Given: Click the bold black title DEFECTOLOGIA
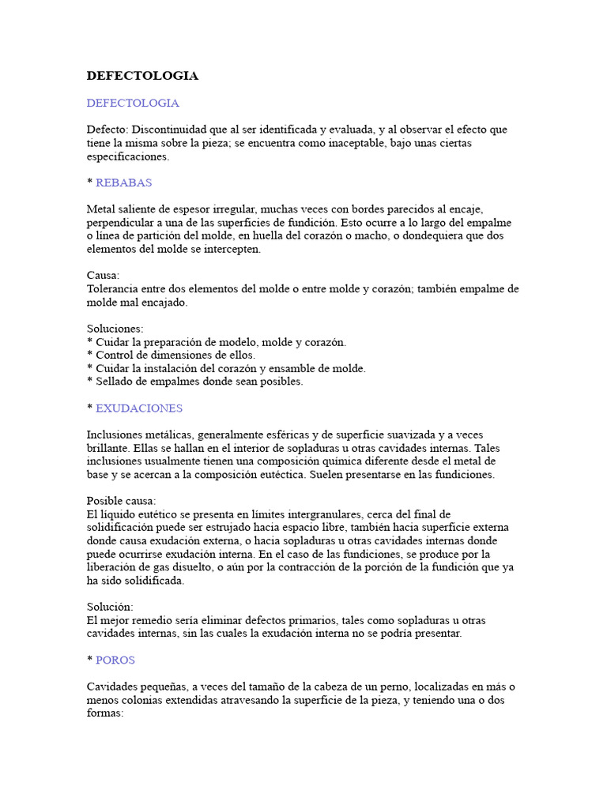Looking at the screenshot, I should pos(142,76).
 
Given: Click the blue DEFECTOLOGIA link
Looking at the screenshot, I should pos(133,103).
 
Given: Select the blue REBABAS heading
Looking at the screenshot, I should pos(123,182).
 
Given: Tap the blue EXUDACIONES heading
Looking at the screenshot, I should pos(139,408).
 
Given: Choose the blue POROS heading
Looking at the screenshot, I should pos(115,660).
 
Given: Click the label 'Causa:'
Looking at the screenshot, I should pos(103,276).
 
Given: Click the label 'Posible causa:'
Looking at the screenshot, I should pos(122,501).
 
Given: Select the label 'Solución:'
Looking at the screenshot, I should pos(110,607).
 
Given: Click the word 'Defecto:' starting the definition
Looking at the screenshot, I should pos(107,130).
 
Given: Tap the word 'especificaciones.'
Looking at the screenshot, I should pos(128,156).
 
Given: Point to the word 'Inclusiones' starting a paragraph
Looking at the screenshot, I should pos(114,435).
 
